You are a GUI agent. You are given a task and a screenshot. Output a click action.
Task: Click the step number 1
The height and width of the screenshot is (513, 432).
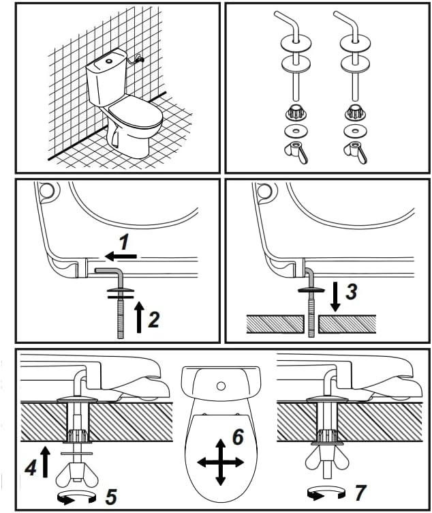pos(124,242)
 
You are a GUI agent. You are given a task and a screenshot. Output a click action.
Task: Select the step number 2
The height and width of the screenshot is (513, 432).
pos(154,320)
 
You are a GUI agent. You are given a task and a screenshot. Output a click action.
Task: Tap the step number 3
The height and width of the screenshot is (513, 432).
pos(352,291)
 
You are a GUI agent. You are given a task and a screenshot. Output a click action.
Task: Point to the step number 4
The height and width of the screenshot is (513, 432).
pos(31,468)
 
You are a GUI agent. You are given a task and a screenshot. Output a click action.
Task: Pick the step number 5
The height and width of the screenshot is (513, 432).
pos(111,497)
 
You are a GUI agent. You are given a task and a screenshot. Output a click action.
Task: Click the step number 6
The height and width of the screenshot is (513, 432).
pos(238,437)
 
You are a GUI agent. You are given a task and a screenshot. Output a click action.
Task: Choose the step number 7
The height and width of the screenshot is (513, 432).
pos(360,493)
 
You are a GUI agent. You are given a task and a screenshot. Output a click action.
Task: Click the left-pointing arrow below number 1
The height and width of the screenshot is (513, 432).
pos(121,256)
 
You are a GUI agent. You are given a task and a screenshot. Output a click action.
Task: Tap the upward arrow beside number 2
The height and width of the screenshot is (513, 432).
pos(140,317)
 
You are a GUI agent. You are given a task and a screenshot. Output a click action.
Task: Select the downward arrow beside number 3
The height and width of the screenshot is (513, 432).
pos(335,296)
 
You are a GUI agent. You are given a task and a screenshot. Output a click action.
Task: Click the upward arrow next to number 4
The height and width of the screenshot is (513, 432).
pos(45,462)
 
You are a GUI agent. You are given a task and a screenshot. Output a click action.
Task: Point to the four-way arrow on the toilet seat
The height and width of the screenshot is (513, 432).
pos(221,463)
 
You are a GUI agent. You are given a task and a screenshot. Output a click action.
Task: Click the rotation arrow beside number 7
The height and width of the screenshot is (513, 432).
pos(327,493)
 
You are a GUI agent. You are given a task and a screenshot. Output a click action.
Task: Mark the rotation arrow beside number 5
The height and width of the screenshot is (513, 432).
pos(76,497)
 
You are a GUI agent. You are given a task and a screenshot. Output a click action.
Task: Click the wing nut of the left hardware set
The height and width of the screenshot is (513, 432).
pos(296,152)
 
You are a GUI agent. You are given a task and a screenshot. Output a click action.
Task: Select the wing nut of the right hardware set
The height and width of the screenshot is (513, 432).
pos(355,152)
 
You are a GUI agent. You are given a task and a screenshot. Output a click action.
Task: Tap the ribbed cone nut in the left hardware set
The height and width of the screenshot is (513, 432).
pos(296,112)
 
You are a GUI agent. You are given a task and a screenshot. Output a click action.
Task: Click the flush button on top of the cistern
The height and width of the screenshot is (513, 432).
pos(109,61)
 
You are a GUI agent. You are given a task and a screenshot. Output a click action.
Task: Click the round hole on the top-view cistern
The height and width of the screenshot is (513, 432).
pos(221,386)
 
